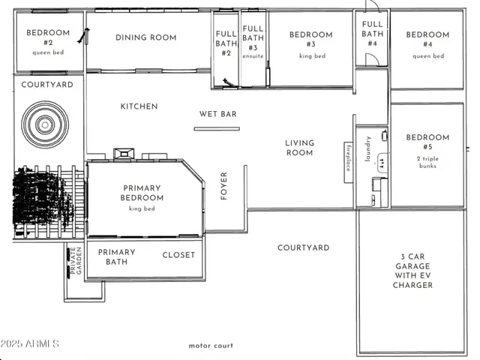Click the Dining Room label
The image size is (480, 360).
pos(146,37)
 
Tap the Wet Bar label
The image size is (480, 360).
pos(217,114)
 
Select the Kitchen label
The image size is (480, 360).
pos(139,106)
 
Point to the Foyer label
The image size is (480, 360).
pos(223,187)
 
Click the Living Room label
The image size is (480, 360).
pos(298,148)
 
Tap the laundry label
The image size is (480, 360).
pos(368,149)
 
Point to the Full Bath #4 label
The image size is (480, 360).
pos(372,34)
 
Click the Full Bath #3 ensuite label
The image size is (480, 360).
pos(253,37)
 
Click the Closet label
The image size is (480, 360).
pos(178,255)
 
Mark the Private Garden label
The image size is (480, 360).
pos(73,261)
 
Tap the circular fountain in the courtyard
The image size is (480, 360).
pos(43,124)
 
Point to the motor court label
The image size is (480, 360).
pos(211,346)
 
